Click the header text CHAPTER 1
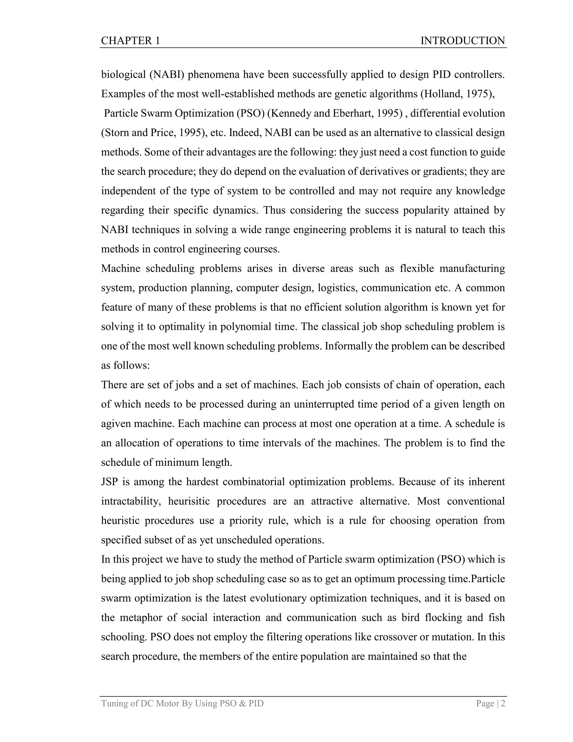[x=130, y=41]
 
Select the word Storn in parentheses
[x=116, y=132]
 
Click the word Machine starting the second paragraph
[x=121, y=269]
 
